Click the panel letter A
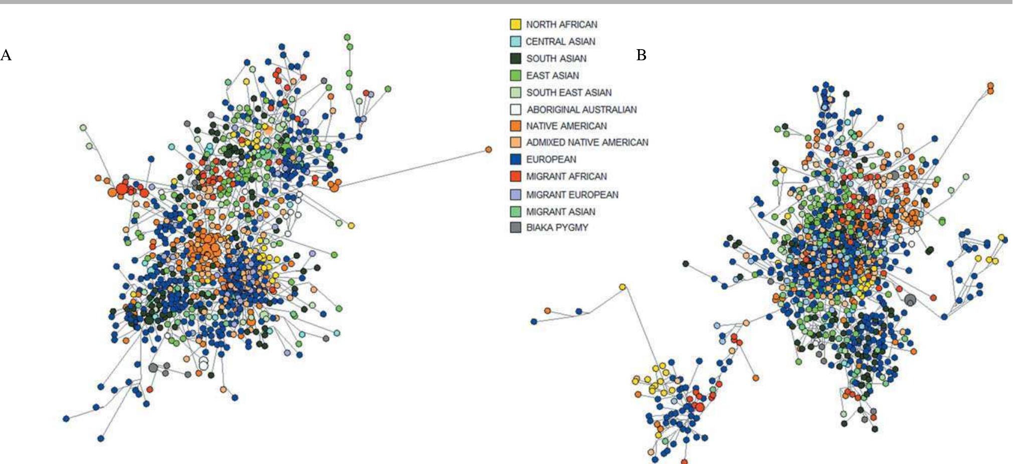(6, 55)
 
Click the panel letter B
(641, 55)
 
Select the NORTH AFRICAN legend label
(561, 25)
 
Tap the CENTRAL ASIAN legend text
(560, 42)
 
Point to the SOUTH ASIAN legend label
(556, 59)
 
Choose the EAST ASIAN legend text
(552, 76)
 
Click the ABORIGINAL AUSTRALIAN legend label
(581, 109)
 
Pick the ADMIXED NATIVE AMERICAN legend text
(587, 142)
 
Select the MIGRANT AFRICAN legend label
(566, 177)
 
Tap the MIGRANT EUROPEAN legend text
(572, 195)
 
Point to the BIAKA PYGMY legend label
(557, 228)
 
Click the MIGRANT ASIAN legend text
(560, 212)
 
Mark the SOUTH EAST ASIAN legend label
(569, 93)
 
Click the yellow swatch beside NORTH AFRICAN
(515, 25)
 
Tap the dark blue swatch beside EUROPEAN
(515, 160)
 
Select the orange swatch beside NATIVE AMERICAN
(515, 126)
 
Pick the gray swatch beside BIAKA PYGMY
(515, 228)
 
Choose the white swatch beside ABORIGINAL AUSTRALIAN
(515, 109)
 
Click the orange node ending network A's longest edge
(489, 149)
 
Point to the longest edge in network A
(414, 168)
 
